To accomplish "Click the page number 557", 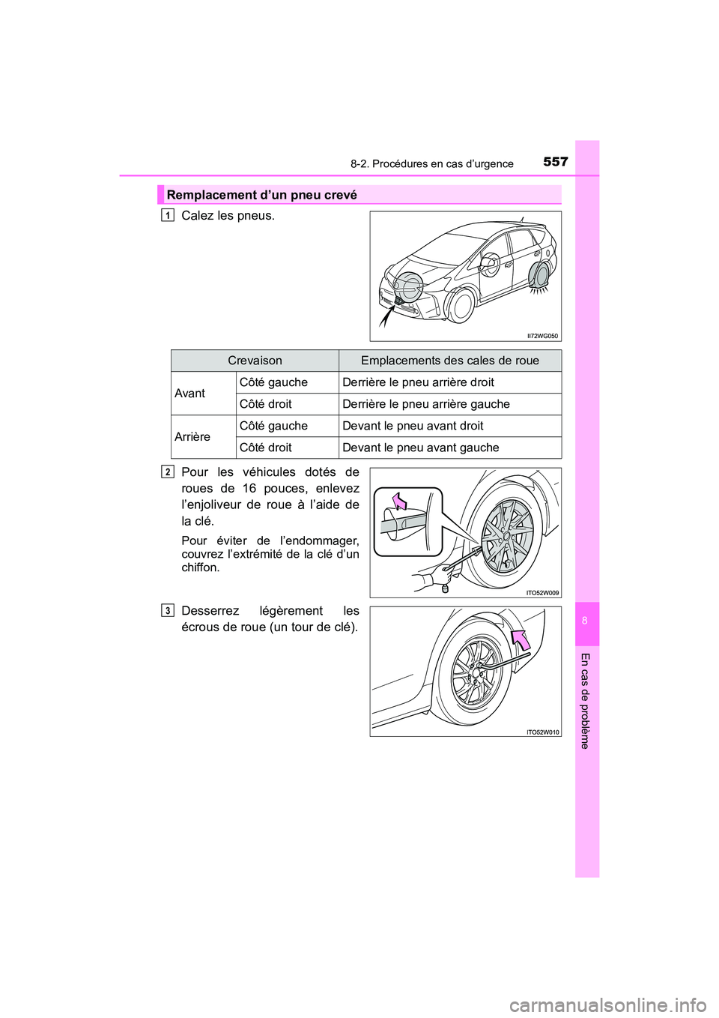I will [x=555, y=162].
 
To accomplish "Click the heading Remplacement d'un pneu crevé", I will [x=261, y=195].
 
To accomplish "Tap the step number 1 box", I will [x=168, y=216].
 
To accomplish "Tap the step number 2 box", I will [x=168, y=472].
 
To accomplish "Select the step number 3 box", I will [x=168, y=611].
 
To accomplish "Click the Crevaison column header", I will [x=255, y=361].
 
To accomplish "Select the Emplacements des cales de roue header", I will [x=449, y=361].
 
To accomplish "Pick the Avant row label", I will [x=190, y=394].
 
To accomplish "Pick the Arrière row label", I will [x=192, y=437].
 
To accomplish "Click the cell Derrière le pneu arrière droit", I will [x=418, y=382].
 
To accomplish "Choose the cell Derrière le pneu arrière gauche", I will [x=425, y=404].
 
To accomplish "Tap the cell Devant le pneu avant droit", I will [x=413, y=426].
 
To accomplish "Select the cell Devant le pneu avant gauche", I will [x=420, y=448].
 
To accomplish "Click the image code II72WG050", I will [x=543, y=336].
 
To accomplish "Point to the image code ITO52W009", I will [x=542, y=593].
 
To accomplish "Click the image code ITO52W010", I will [x=542, y=732].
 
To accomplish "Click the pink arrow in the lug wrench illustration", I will [x=520, y=639].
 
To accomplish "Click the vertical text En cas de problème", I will [x=586, y=701].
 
